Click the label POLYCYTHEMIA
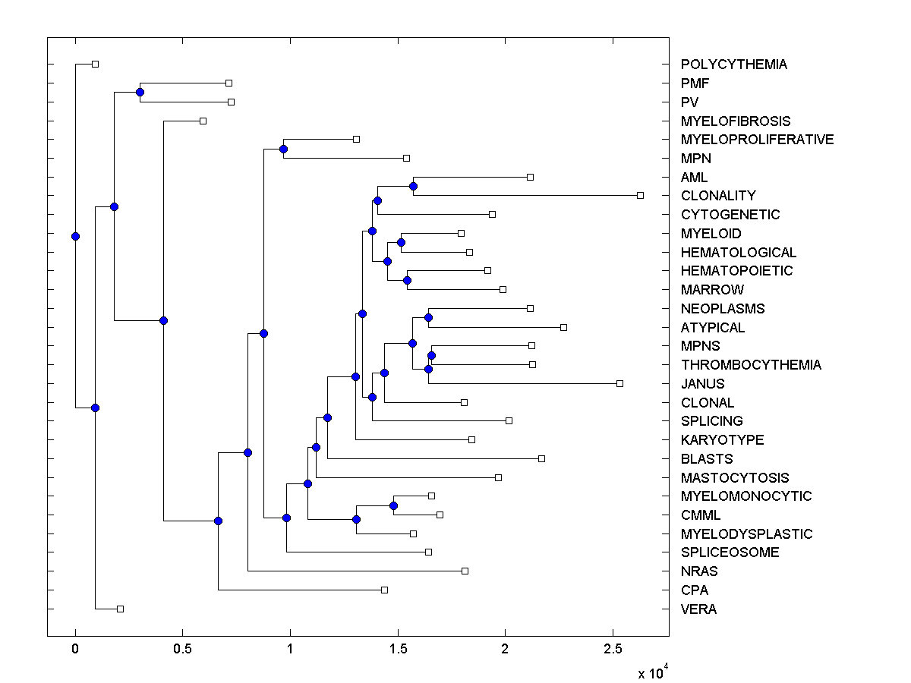[x=733, y=65]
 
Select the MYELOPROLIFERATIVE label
[x=757, y=140]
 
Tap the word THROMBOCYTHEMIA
[x=750, y=365]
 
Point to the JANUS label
[x=702, y=384]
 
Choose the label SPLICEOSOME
[x=730, y=552]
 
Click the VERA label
[x=698, y=609]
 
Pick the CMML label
[x=701, y=515]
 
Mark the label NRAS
[x=699, y=571]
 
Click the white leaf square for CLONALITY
[x=640, y=196]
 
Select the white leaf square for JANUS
[x=619, y=383]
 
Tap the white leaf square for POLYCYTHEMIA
[x=95, y=64]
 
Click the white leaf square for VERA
[x=120, y=609]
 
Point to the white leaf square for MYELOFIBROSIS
[x=203, y=121]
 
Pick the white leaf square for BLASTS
[x=541, y=458]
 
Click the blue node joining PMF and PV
[x=140, y=93]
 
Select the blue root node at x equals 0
[x=75, y=236]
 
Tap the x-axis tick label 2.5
[x=612, y=649]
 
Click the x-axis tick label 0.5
[x=182, y=649]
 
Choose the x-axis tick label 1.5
[x=397, y=649]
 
